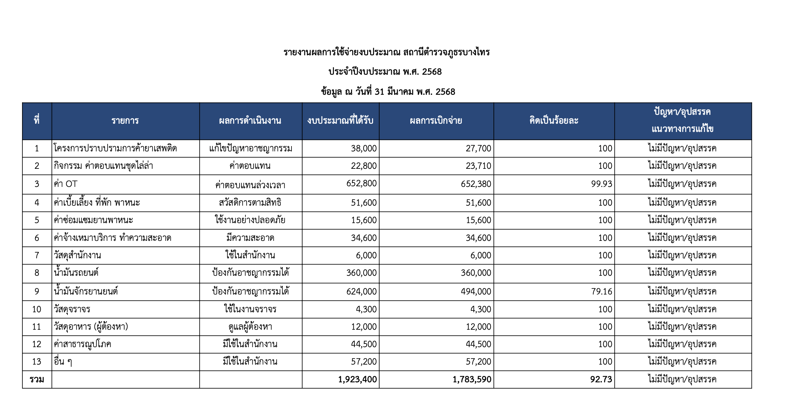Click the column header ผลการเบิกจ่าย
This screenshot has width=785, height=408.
coord(436,121)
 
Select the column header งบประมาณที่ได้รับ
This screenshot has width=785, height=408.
coord(340,121)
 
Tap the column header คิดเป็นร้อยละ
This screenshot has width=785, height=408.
coord(554,121)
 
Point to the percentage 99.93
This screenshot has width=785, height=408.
coord(601,184)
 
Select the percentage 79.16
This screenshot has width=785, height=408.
coord(601,292)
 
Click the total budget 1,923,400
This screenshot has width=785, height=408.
coord(357,379)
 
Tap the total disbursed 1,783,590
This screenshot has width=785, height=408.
coord(472,379)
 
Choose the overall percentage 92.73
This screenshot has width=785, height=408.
coord(601,379)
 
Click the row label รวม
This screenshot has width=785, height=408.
coord(37,379)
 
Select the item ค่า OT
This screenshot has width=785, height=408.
coord(66,184)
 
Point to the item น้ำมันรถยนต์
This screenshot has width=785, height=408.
coord(76,273)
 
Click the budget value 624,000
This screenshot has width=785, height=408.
coord(361,292)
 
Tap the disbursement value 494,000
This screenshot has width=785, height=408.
coord(476,292)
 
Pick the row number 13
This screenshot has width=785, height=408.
coord(37,362)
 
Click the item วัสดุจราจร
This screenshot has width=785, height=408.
coord(72,309)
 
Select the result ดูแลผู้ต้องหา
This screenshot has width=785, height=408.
coord(250,327)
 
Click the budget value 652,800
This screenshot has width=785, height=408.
coord(361,183)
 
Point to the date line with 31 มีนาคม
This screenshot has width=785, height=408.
coord(388,92)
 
